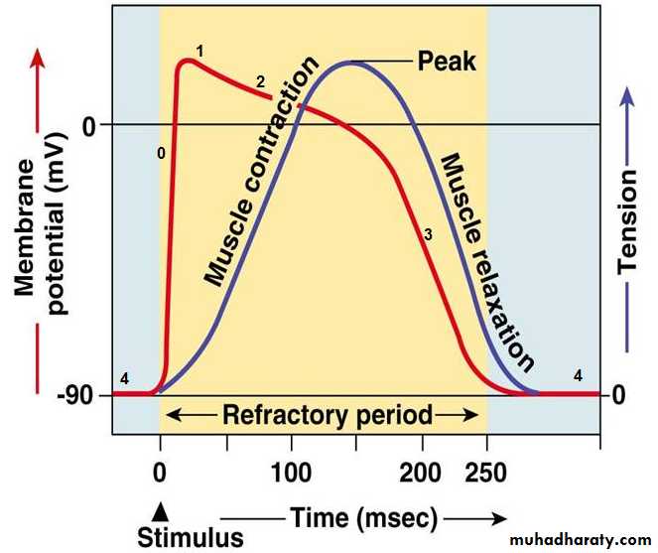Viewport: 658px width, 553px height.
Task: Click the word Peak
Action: click(x=447, y=62)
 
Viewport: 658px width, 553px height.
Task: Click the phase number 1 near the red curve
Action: click(x=199, y=50)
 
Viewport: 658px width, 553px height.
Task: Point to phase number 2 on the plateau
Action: click(x=260, y=82)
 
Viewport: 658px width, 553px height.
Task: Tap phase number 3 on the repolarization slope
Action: click(x=428, y=235)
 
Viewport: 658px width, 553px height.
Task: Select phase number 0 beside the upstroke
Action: click(x=161, y=153)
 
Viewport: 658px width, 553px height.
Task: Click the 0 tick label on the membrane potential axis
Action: click(x=91, y=126)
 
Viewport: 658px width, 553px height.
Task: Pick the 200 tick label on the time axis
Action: click(x=424, y=470)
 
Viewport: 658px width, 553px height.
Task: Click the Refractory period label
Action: click(x=325, y=415)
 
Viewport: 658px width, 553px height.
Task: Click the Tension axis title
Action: click(x=628, y=220)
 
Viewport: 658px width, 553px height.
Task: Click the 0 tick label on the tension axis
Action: click(x=618, y=395)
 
